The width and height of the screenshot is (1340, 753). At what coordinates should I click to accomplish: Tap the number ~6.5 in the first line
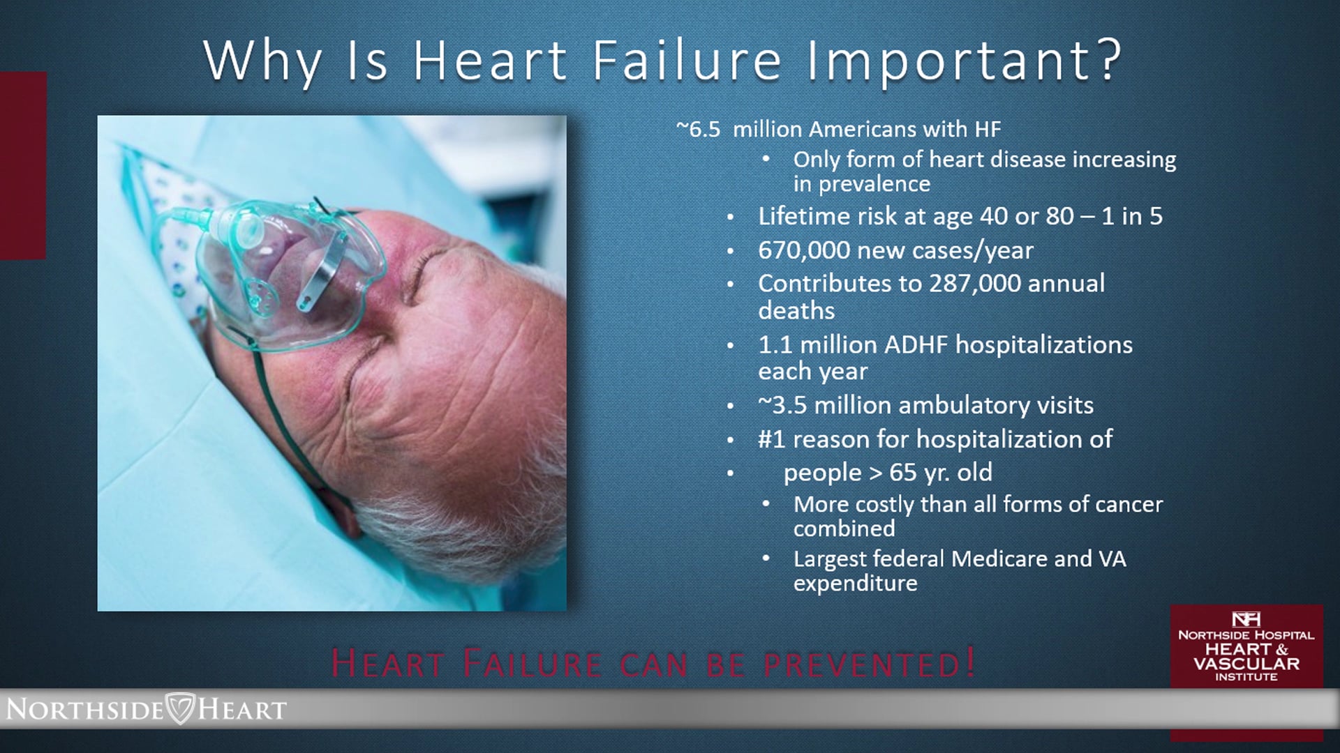[x=698, y=129]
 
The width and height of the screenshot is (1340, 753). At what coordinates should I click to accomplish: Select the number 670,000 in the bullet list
[x=803, y=250]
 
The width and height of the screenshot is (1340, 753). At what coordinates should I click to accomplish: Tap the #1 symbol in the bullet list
[x=772, y=439]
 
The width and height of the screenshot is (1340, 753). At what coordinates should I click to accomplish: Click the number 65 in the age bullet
[x=902, y=473]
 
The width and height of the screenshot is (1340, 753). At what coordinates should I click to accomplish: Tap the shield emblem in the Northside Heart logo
[x=180, y=708]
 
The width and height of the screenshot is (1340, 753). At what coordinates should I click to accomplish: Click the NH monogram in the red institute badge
[x=1246, y=619]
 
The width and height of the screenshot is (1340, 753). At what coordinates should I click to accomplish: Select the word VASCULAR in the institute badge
[x=1246, y=664]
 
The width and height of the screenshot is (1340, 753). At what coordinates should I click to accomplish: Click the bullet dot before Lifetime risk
[x=730, y=218]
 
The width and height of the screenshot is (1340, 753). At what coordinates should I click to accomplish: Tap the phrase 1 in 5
[x=1132, y=216]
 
